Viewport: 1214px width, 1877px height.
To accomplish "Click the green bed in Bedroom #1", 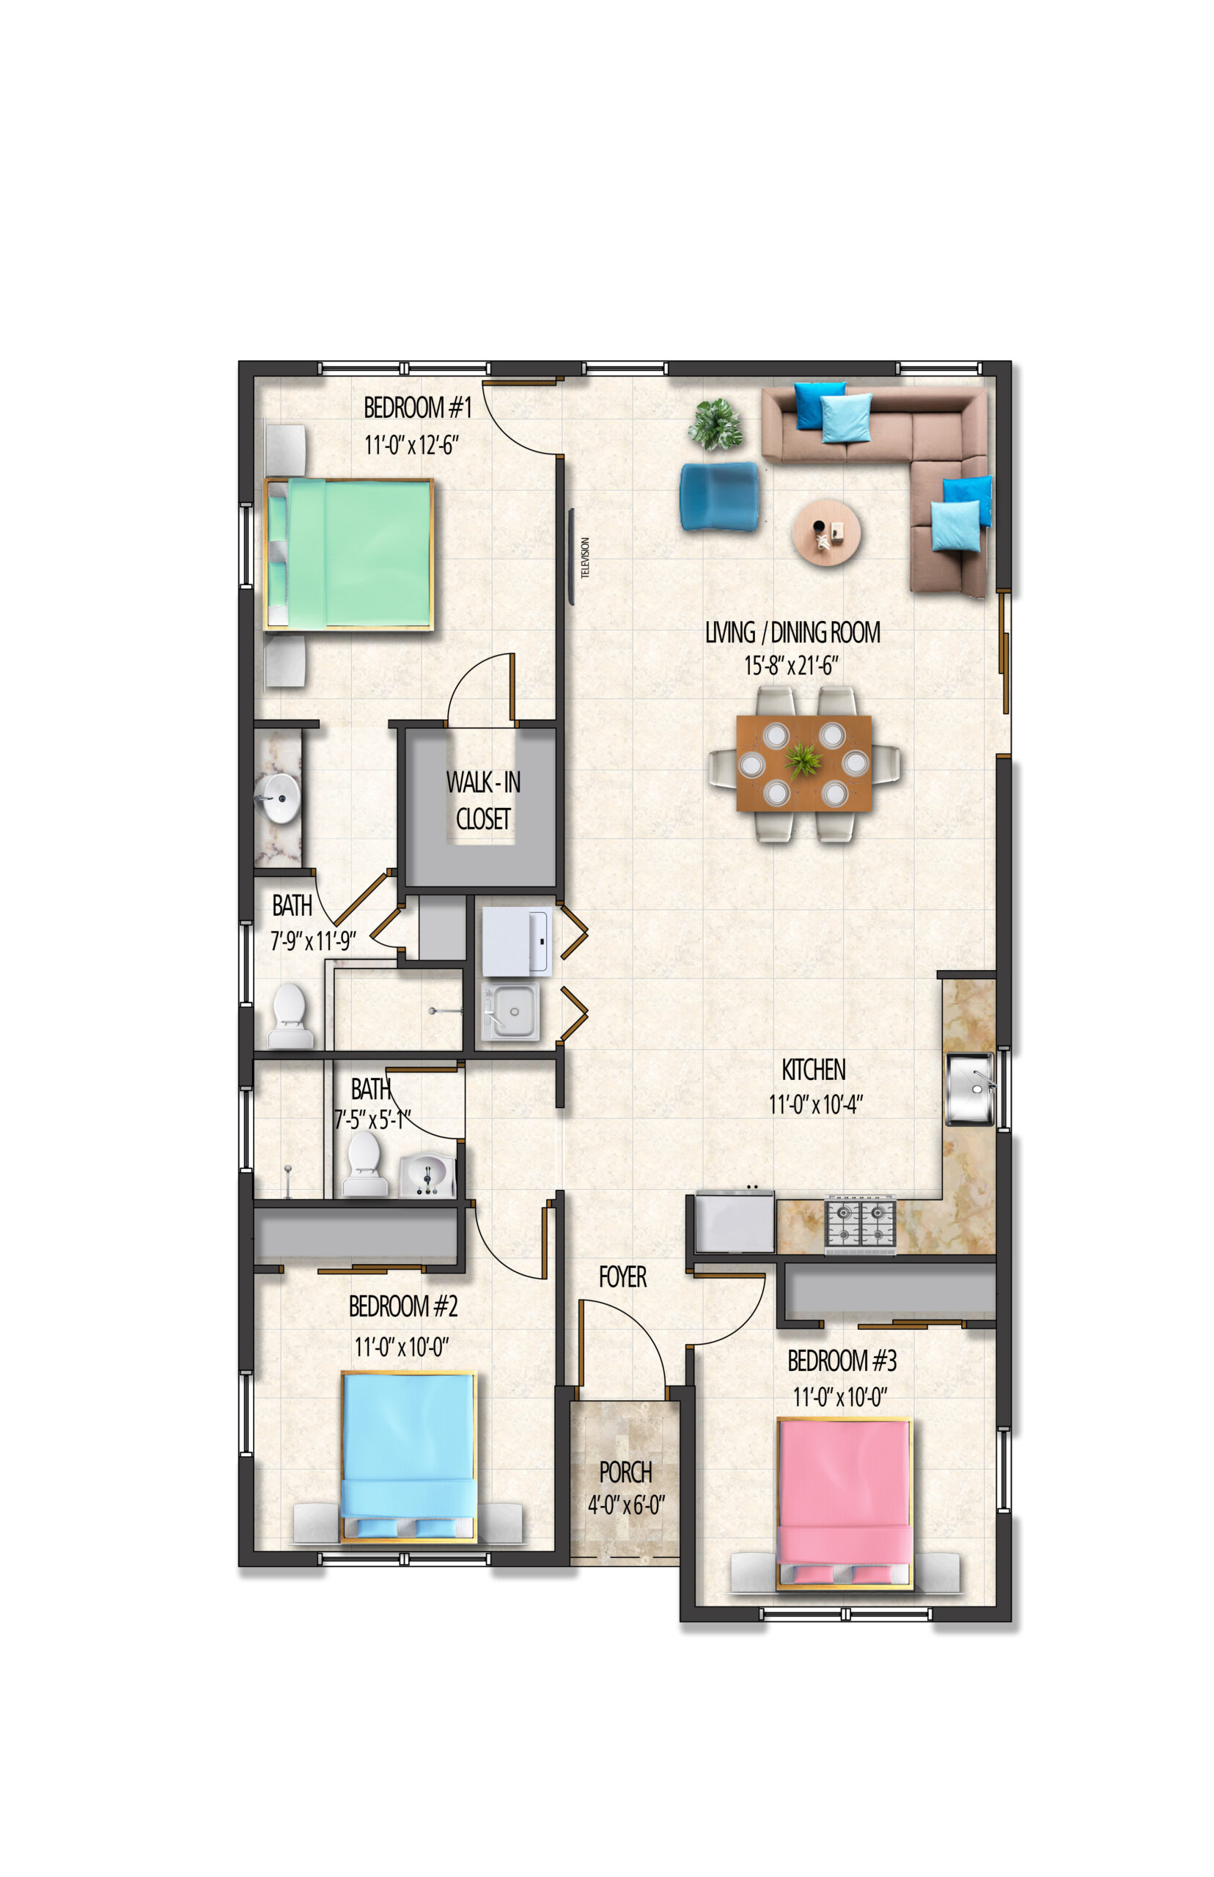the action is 349,554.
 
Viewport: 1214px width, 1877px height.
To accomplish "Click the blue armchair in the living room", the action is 719,496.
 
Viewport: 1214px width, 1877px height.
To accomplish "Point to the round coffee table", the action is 826,532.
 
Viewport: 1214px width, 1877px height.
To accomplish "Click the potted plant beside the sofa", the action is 715,424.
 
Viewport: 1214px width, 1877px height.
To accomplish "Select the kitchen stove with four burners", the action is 860,1224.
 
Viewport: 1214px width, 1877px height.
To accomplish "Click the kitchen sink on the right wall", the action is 971,1088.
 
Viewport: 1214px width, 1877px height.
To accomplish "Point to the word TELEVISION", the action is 585,557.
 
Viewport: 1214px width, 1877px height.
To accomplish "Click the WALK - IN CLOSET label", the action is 483,800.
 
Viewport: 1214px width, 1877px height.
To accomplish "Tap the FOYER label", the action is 623,1277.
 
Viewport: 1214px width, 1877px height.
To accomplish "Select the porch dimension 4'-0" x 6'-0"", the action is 626,1505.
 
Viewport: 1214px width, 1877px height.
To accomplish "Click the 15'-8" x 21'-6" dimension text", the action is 792,666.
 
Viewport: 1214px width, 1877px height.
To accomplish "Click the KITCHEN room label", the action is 814,1070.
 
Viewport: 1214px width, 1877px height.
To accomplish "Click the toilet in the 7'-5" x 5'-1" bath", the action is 364,1164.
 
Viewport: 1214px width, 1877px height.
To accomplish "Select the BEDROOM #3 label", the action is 842,1360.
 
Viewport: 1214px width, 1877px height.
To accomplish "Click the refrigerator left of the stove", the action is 735,1221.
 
